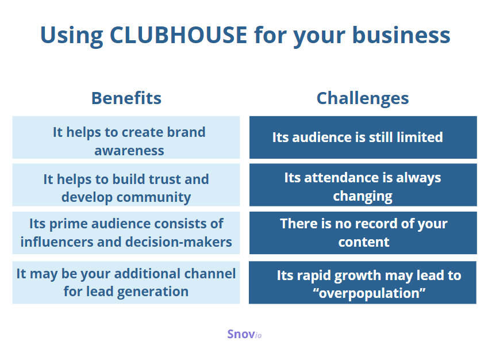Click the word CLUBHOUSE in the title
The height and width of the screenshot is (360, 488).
[x=178, y=35]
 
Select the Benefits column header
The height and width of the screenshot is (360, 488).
[x=126, y=98]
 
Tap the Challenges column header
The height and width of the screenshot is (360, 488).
[x=363, y=99]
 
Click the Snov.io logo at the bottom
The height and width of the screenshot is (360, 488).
[x=244, y=334]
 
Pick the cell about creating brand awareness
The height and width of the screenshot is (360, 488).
[x=126, y=137]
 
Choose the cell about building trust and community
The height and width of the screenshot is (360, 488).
[x=126, y=185]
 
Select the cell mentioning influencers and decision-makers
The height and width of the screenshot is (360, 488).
[x=126, y=233]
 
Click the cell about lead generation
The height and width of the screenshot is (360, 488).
[x=126, y=282]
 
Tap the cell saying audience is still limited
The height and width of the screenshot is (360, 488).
[x=363, y=137]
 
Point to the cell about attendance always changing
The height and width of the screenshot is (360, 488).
[x=363, y=185]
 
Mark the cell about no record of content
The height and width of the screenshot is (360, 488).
[x=363, y=233]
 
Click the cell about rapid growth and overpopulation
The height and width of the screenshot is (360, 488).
[x=363, y=282]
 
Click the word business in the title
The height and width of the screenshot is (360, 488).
[x=401, y=35]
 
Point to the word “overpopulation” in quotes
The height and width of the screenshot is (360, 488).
[x=369, y=293]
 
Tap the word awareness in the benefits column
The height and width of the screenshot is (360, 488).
[x=129, y=151]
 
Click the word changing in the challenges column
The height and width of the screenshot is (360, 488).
[x=363, y=197]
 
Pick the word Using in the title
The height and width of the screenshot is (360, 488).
[x=72, y=36]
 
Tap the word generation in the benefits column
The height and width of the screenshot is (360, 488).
[x=153, y=292]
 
